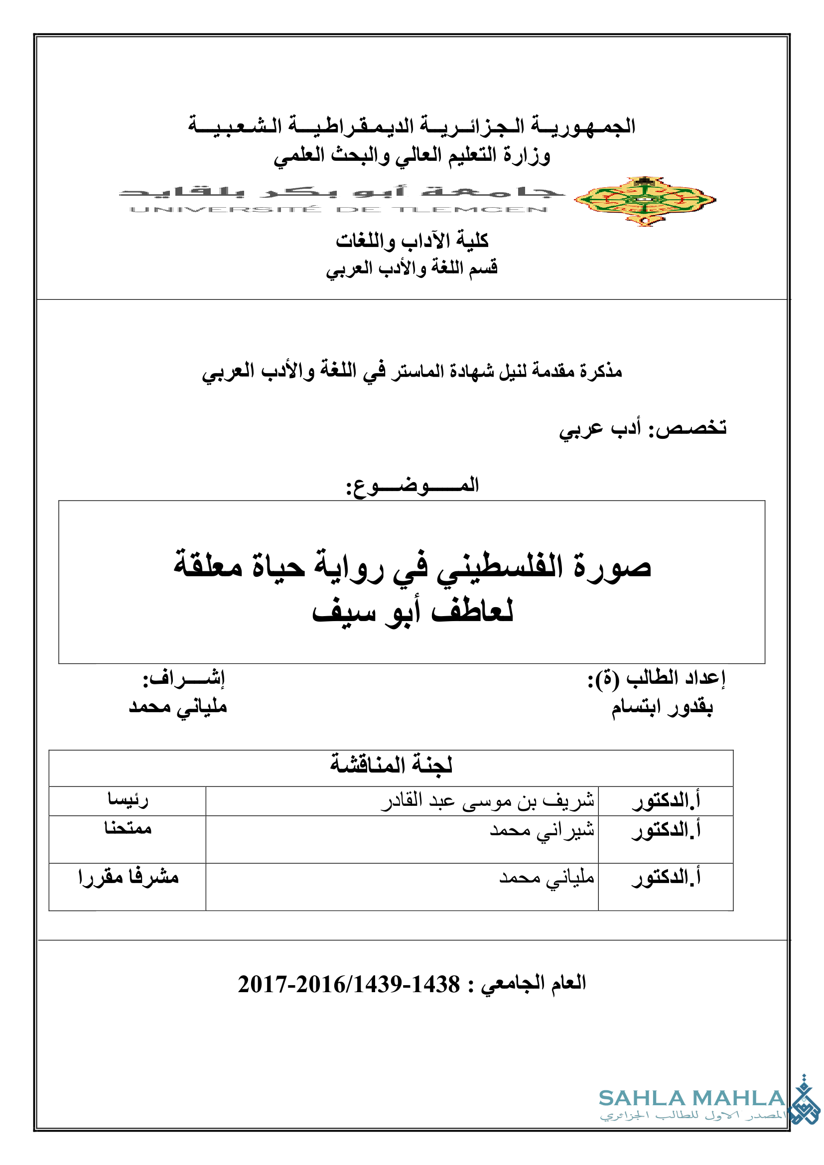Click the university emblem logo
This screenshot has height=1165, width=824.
click(x=645, y=201)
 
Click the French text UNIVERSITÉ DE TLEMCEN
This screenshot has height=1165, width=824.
click(x=338, y=210)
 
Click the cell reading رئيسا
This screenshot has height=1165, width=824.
click(x=128, y=800)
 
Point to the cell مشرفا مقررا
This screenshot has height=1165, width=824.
click(x=129, y=877)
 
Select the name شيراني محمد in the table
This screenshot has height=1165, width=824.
click(x=542, y=831)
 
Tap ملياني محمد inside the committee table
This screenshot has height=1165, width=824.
click(x=547, y=878)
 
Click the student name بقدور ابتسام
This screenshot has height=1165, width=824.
click(x=662, y=707)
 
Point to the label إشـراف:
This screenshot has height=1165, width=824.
click(x=184, y=678)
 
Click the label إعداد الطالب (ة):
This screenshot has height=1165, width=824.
click(x=657, y=678)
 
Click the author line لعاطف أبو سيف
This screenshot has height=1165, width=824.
click(x=412, y=612)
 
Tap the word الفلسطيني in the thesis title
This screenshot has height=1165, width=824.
click(x=500, y=567)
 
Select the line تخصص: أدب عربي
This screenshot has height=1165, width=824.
click(x=643, y=428)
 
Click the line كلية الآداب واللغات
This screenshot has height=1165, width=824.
click(x=412, y=241)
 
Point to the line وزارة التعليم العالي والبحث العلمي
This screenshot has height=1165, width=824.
click(x=412, y=155)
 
